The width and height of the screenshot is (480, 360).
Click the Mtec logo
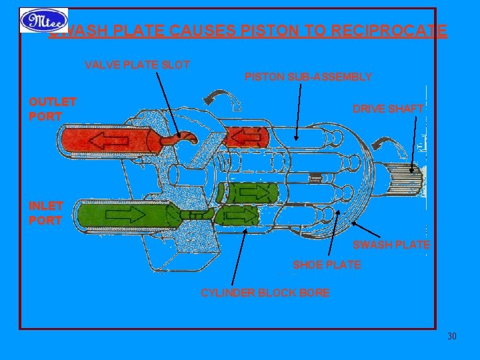pos(43,21)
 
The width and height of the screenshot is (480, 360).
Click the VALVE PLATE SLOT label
pos(137,65)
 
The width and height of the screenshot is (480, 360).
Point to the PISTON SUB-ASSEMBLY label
pos(308,77)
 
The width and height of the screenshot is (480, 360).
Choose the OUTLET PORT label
pos(53,109)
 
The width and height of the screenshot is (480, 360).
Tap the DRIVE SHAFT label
pos(388,109)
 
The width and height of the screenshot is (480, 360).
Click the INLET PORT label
pos(46,213)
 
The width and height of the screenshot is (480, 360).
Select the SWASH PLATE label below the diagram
pos(391,245)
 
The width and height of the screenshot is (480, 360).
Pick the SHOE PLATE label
pos(327,265)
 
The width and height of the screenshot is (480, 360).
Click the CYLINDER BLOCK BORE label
pos(265,293)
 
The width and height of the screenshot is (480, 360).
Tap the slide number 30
pos(451,335)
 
